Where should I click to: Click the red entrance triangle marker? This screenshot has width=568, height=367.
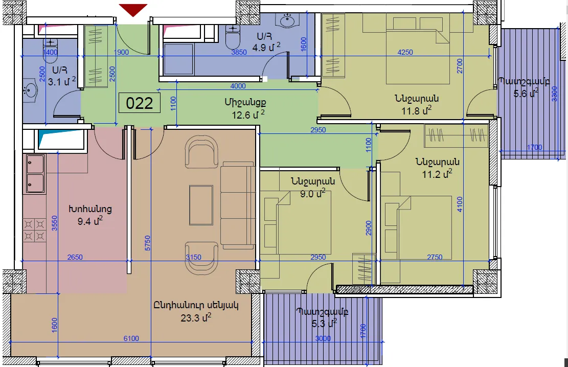coord(133,9)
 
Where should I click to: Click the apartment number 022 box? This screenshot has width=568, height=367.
coord(140,103)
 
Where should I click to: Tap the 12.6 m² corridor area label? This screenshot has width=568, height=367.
coord(248,115)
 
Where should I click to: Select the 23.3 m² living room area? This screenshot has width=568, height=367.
coord(196,318)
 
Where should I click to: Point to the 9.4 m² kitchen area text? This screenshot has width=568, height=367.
coord(90,221)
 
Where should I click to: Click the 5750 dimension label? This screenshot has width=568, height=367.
coord(147,243)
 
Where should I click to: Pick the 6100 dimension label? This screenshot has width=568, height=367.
coord(131,338)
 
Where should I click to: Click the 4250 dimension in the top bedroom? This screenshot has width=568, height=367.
coord(405,52)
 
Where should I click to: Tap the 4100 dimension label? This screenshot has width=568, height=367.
coord(460,204)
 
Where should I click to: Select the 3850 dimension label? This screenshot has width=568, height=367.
coord(239,52)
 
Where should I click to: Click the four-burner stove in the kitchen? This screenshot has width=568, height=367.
coord(34,230)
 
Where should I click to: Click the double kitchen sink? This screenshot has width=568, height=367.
coord(35,174)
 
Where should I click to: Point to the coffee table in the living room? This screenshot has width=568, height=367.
coord(201,205)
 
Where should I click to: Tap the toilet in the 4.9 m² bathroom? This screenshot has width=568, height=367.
coord(233,36)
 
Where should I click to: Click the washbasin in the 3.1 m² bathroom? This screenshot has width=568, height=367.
coord(30,90)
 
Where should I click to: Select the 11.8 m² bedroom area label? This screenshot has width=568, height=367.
coord(416,110)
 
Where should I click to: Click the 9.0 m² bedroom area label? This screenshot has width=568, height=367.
coord(312,193)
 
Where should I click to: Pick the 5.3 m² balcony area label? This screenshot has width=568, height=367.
coord(324,323)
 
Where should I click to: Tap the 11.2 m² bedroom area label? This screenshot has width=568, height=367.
coord(437,174)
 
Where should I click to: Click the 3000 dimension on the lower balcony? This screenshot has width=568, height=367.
coord(323,338)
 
